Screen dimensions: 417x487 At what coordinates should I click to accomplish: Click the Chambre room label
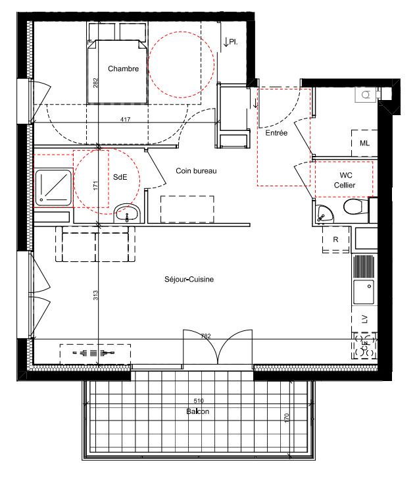(123, 68)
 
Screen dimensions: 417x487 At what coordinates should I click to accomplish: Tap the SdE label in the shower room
(120, 177)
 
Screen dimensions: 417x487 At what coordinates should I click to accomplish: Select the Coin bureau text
(196, 171)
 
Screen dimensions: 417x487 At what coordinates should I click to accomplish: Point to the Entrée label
(276, 133)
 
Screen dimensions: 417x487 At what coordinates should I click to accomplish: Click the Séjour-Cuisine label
(189, 279)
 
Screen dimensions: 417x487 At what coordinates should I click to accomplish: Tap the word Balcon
(198, 411)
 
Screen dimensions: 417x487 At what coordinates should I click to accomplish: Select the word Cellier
(345, 185)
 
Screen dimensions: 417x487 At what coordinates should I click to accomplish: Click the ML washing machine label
(364, 143)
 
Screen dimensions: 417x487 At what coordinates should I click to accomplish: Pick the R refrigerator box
(335, 240)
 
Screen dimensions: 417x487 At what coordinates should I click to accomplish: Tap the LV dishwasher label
(365, 319)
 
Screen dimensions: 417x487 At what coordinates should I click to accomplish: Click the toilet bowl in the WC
(356, 207)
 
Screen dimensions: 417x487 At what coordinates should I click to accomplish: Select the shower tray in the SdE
(53, 188)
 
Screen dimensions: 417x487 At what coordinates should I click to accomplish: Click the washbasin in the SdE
(128, 213)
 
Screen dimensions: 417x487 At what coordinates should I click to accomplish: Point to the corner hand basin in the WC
(324, 214)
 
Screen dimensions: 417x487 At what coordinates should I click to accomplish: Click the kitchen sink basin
(364, 292)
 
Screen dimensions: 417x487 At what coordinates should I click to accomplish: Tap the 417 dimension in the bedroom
(125, 119)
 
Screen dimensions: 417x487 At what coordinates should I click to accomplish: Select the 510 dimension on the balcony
(199, 401)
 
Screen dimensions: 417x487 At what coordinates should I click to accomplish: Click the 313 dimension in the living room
(95, 295)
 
